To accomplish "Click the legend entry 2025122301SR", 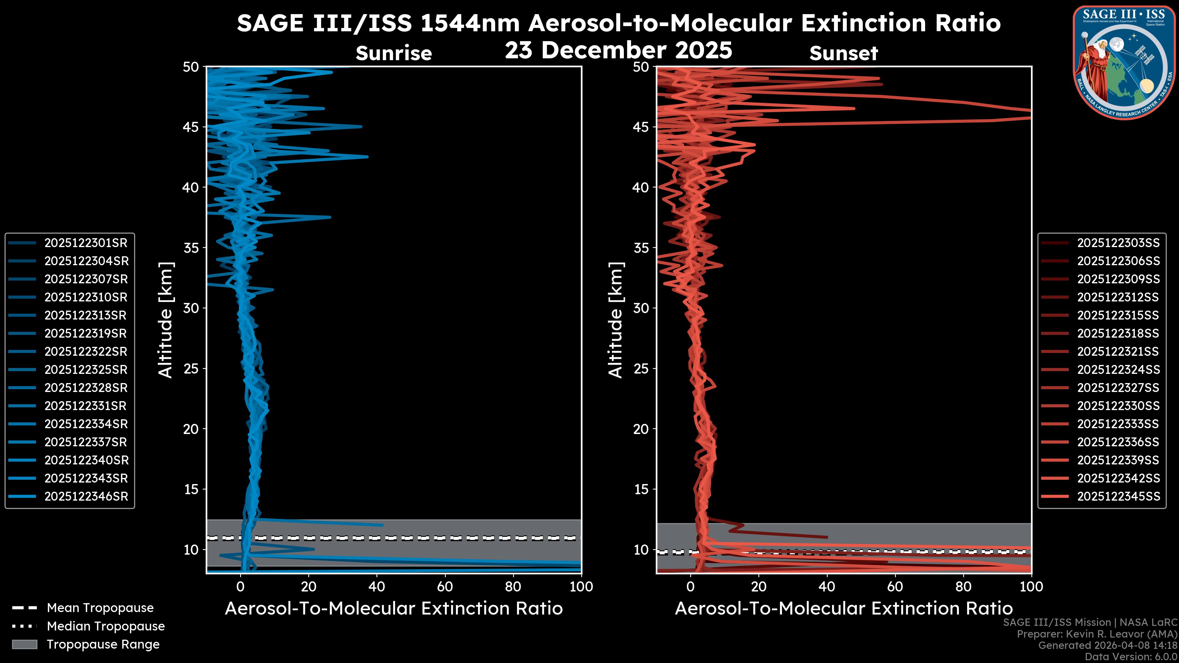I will click(86, 243).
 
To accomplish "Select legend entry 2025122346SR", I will click(86, 496).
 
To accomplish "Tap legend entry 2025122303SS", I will click(1118, 243).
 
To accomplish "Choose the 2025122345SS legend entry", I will click(1118, 496).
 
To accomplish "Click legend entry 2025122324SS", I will click(1118, 370).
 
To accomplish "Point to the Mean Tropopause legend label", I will click(100, 608).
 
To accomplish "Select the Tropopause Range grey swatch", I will click(24, 644).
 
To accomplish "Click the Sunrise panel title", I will click(394, 53).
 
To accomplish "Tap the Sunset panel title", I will click(843, 53).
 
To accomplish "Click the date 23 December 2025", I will click(618, 50).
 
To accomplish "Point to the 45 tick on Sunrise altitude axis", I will click(191, 127).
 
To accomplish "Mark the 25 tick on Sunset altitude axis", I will click(641, 368).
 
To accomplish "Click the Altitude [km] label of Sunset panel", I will click(616, 320).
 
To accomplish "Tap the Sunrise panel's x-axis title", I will click(394, 609).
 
